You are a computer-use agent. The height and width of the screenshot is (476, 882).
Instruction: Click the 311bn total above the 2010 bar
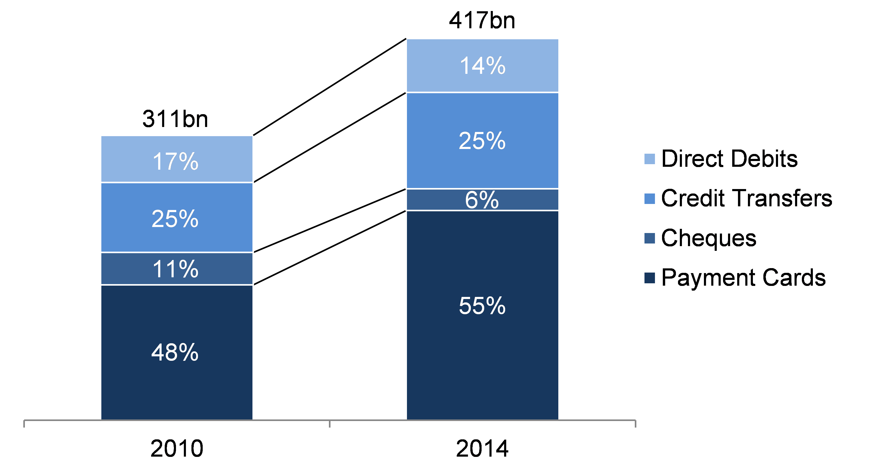coord(175,119)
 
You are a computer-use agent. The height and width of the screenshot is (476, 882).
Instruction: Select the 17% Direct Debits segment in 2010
coord(177,159)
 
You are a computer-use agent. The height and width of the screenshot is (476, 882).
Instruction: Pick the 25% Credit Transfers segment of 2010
coord(177,218)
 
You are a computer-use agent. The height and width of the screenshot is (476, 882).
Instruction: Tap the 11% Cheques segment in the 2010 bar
coord(177,268)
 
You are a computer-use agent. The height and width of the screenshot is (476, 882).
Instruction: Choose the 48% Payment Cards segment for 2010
coord(177,352)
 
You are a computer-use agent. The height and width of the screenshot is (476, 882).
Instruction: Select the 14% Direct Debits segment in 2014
coord(482,65)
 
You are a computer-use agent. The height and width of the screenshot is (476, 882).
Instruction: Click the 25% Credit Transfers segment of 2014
coord(482,140)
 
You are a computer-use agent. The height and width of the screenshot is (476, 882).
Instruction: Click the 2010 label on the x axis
coord(177,449)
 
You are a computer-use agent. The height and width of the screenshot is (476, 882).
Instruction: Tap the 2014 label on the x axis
coord(482,449)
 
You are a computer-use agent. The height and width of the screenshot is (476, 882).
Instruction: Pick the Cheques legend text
coord(709,238)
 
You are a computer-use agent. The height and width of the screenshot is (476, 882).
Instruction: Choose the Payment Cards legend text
coord(744,278)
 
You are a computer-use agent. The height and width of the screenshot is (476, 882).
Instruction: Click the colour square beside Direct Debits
coord(649,159)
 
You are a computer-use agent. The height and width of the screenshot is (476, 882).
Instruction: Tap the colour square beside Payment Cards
coord(649,278)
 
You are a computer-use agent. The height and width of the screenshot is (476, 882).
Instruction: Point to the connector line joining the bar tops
coord(329,87)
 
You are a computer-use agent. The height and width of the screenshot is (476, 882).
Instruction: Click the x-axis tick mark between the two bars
coord(330,424)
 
